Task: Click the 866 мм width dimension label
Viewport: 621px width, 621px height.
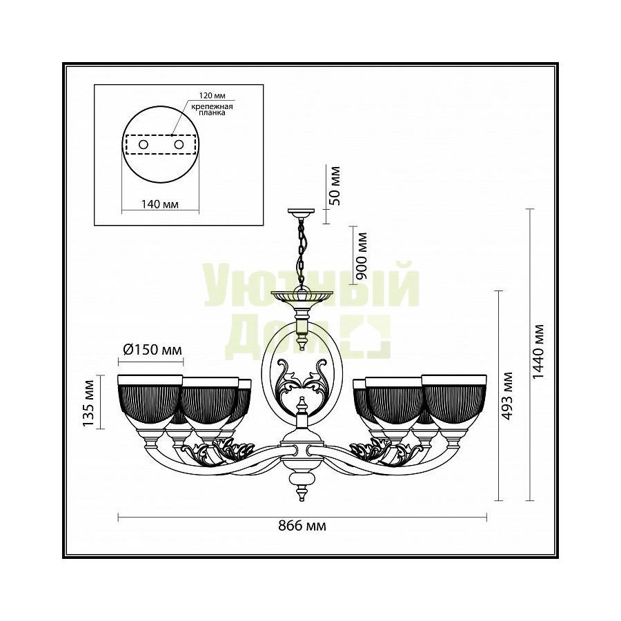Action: [302, 526]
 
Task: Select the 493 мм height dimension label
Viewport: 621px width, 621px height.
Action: [506, 396]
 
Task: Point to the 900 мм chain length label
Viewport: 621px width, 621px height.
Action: [361, 256]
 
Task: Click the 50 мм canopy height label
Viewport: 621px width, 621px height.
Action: [334, 186]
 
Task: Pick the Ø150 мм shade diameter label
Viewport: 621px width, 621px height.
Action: [152, 350]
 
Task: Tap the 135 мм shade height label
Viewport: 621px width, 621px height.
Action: [88, 404]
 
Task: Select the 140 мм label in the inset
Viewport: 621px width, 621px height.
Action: [159, 204]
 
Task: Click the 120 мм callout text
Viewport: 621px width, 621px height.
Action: [212, 96]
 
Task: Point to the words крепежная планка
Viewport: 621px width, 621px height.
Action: [212, 110]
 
